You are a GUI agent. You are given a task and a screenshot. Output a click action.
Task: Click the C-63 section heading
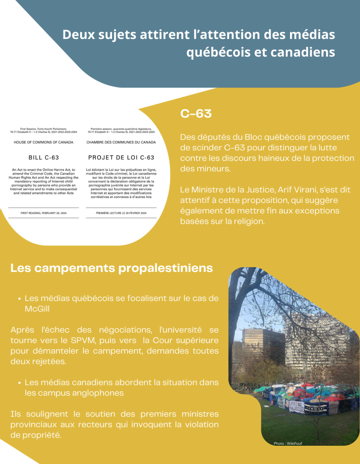click(196, 114)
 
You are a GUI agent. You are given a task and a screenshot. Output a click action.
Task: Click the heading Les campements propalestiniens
click(111, 268)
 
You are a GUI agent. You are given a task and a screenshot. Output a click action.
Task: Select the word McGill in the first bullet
click(37, 309)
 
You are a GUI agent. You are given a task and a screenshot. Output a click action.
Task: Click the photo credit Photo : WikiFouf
click(288, 443)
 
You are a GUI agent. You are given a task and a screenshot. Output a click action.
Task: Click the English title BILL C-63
click(44, 158)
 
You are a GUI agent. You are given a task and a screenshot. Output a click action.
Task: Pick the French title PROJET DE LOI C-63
click(121, 158)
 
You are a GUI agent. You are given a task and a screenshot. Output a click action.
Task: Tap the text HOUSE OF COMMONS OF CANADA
click(44, 142)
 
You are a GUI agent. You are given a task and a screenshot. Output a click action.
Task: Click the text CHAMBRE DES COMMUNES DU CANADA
click(121, 142)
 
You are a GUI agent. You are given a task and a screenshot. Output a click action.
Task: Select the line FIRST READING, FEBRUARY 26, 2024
click(44, 213)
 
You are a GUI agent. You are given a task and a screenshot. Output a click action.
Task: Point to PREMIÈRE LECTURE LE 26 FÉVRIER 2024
click(121, 213)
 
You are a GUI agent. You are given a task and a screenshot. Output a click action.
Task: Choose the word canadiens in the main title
click(303, 52)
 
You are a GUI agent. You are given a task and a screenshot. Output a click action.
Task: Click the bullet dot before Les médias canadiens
click(20, 383)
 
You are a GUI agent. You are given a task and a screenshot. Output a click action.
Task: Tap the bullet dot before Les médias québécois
click(20, 299)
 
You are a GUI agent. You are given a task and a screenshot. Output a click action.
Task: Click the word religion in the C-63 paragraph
click(249, 221)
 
